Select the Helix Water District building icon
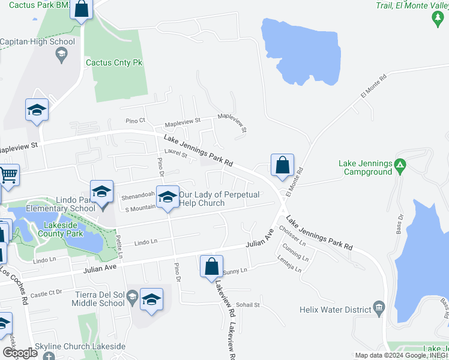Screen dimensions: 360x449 click(x=378, y=309)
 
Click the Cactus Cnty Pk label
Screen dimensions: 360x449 click(x=113, y=62)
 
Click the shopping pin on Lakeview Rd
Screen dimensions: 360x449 click(x=211, y=267)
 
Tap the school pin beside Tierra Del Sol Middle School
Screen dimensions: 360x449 click(x=151, y=300)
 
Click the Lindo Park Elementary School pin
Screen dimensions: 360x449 click(x=101, y=192)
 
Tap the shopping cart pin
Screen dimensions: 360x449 click(x=8, y=175)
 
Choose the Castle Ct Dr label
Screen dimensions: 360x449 click(x=46, y=293)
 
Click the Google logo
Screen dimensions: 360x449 click(x=19, y=353)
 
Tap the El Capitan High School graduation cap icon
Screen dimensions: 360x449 click(x=61, y=56)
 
